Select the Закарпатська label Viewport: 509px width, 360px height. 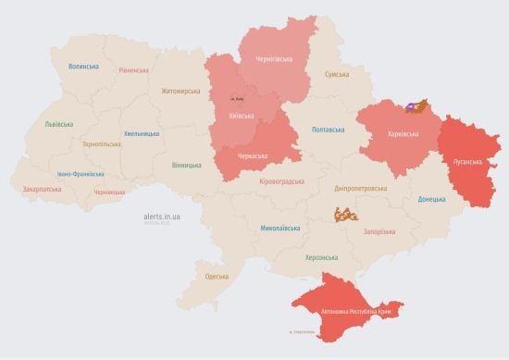click(42, 189)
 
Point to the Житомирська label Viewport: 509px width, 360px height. click(180, 91)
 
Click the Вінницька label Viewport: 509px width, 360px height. click(186, 165)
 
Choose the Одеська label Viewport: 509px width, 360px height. click(217, 276)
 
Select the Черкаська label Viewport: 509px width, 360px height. click(253, 155)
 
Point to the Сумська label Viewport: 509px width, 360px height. click(336, 74)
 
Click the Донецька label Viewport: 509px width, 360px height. click(431, 199)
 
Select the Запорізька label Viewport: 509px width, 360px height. click(379, 231)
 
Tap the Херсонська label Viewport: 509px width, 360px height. click(321, 257)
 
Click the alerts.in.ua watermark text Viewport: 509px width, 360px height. click(162, 215)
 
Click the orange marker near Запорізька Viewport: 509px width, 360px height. click(348, 214)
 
